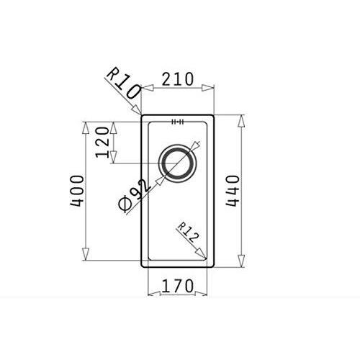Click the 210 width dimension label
[177, 78]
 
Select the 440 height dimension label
[233, 191]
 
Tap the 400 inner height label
[77, 191]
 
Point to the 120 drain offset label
[102, 143]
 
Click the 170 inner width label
[177, 286]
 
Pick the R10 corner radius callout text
[124, 84]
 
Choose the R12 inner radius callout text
[188, 233]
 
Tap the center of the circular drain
[177, 163]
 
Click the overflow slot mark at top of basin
[178, 122]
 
